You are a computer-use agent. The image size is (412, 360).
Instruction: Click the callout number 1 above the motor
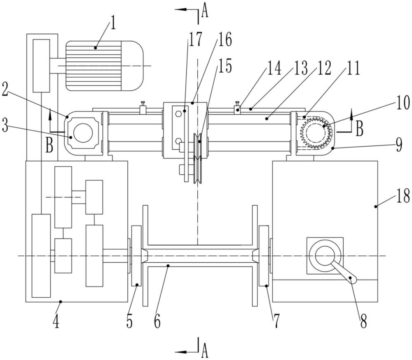point(112,23)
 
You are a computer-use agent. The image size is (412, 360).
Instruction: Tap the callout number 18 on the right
point(403,196)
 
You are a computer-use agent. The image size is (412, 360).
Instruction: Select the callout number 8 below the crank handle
point(363,321)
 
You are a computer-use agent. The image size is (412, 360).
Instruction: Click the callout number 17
point(195,40)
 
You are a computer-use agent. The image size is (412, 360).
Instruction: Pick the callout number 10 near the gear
point(403,103)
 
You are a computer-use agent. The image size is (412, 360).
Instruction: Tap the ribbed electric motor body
point(104,66)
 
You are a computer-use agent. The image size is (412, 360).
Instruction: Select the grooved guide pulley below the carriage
point(198,159)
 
